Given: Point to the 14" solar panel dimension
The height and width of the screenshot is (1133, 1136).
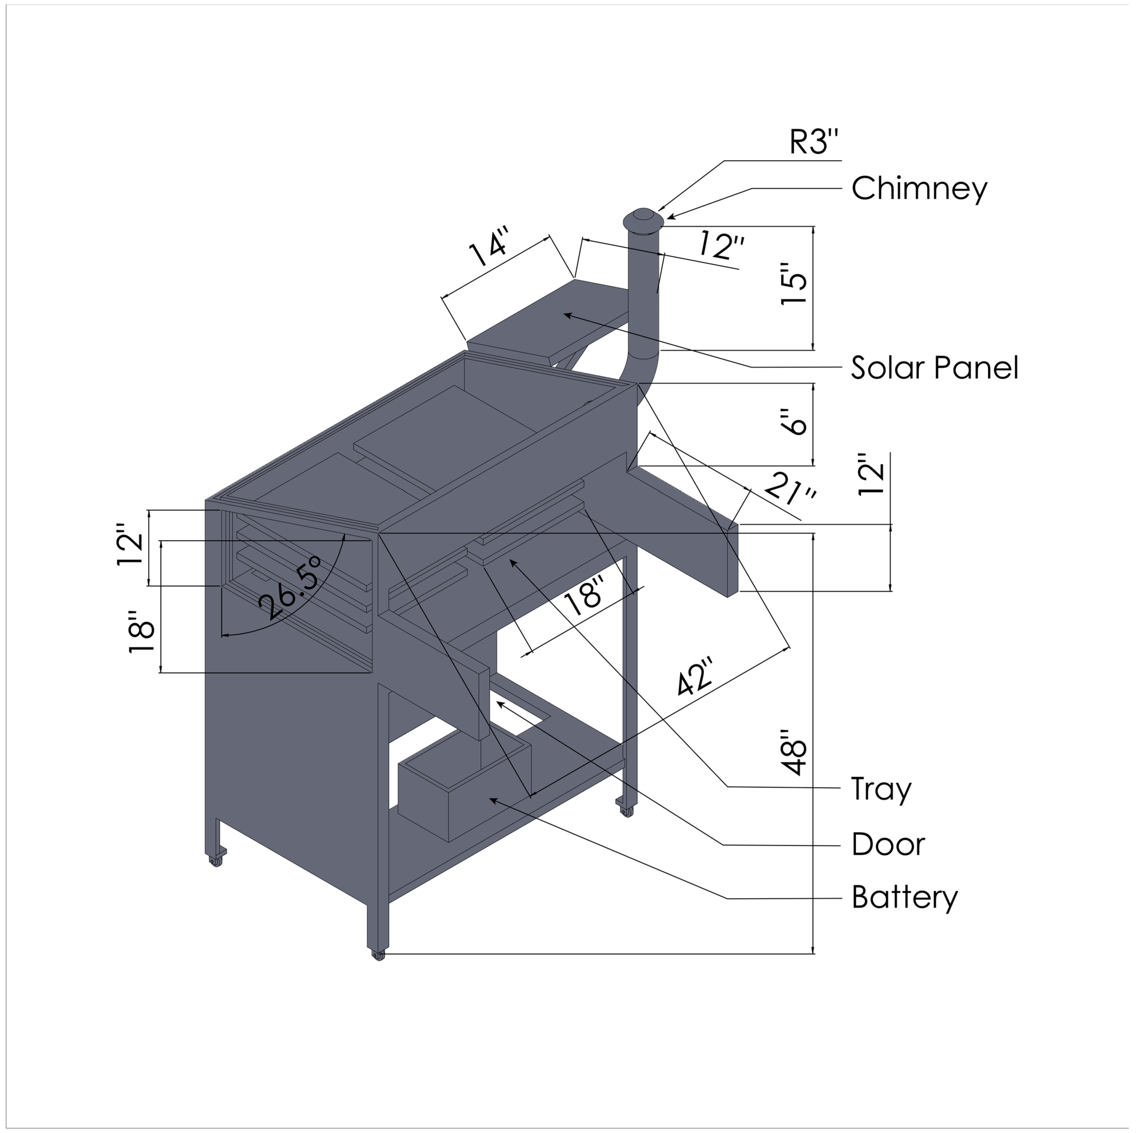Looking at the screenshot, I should pyautogui.click(x=488, y=252).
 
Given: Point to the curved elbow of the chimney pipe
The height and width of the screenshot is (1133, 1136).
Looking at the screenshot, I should pyautogui.click(x=638, y=368).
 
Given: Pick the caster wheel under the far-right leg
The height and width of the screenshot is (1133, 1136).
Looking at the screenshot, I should pyautogui.click(x=626, y=811).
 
